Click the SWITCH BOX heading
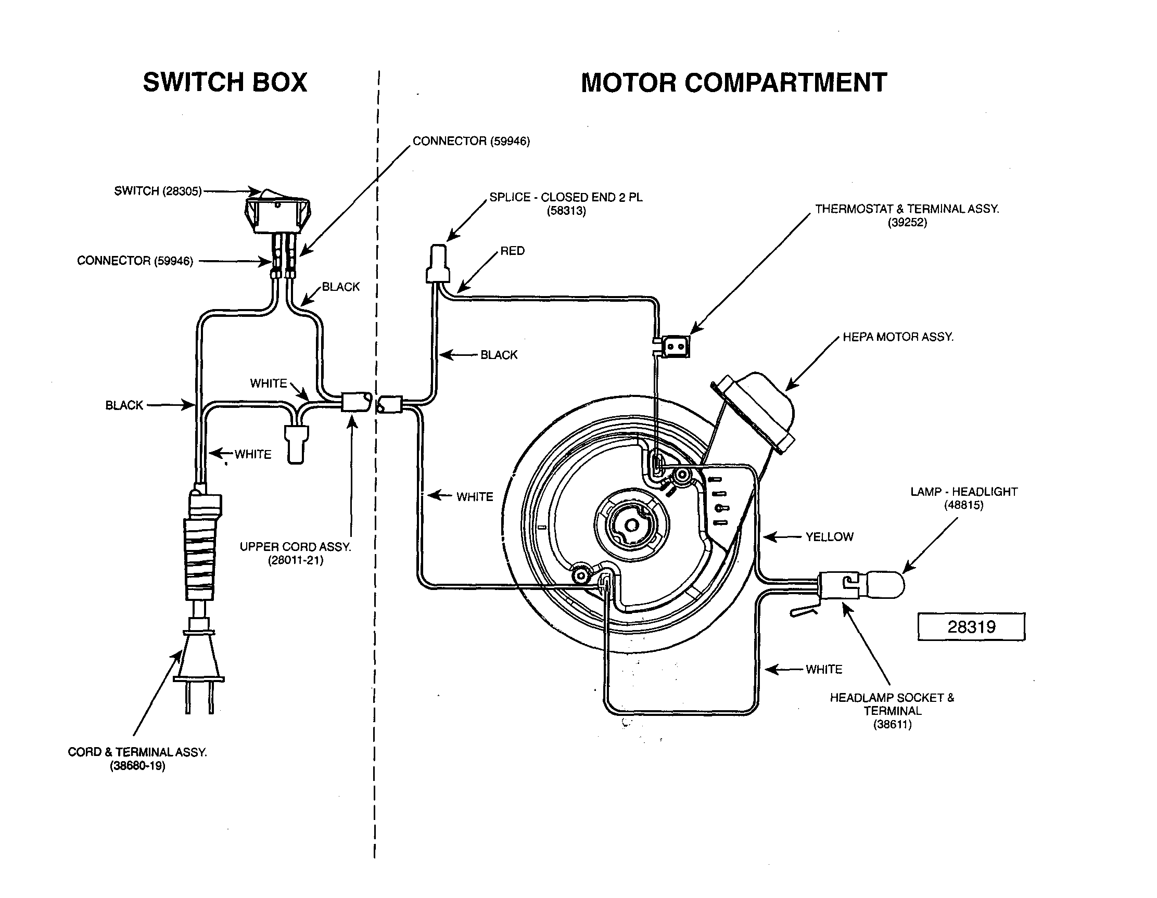[225, 82]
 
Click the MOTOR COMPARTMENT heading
[734, 83]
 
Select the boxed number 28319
[971, 627]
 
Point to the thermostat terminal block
[675, 347]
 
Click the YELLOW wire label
[829, 537]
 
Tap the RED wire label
[512, 251]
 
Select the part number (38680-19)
[137, 766]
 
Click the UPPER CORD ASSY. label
[295, 547]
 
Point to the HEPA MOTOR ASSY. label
[898, 337]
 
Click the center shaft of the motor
[631, 525]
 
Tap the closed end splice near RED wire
[438, 265]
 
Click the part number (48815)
[963, 505]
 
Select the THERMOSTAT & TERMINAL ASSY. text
[907, 209]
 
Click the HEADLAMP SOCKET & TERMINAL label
[892, 704]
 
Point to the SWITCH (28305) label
[158, 190]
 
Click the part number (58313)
[566, 211]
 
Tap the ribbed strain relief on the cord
[200, 559]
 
